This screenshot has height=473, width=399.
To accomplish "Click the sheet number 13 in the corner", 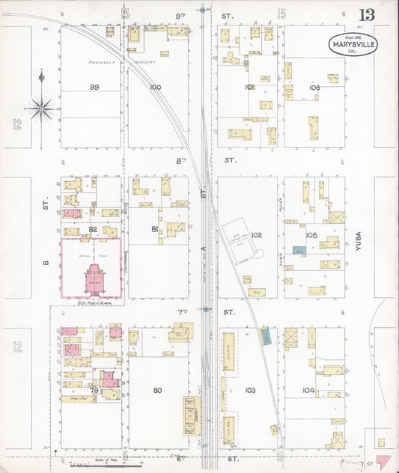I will point(367,15).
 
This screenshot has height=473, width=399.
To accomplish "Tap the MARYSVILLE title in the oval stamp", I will point(353,45).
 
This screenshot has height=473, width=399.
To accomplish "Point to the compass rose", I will point(43,108).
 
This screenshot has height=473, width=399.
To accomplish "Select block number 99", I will point(94,88).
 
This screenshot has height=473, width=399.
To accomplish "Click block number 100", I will point(155,88).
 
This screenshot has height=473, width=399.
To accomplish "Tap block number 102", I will point(257,235).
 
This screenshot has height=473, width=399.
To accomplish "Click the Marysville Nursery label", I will point(120,62).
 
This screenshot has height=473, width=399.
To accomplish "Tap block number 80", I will point(157,390).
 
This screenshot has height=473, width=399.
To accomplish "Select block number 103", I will point(250,390).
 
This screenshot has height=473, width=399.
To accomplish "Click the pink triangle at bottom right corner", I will point(384,460).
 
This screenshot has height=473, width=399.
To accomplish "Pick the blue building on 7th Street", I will point(265,337).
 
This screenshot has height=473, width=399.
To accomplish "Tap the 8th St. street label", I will point(231,160).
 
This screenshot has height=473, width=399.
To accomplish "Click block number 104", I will point(308,390).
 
